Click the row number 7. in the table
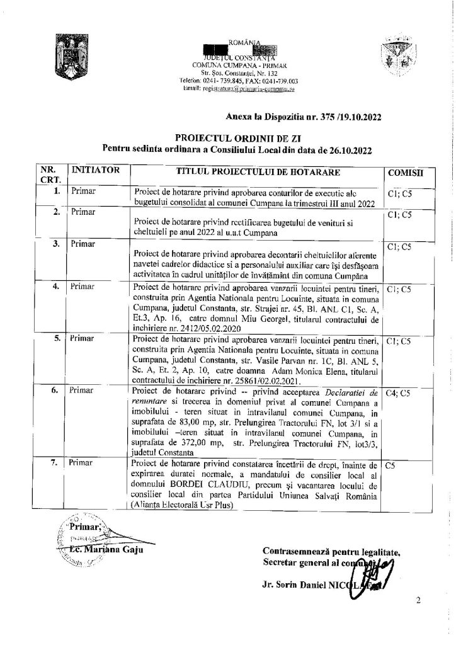point(56,463)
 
